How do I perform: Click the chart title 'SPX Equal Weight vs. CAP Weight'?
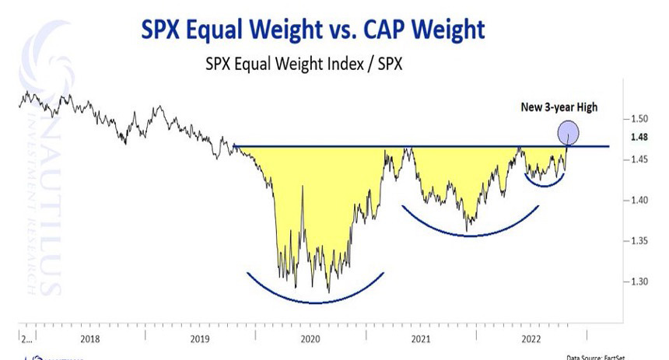click(312, 30)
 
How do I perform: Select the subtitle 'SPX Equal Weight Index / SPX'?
click(303, 63)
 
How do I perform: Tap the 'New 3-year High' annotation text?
click(559, 107)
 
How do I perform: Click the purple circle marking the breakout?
click(569, 133)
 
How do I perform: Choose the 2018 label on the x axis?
click(90, 338)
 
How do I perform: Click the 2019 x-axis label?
click(200, 338)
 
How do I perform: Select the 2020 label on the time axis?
click(310, 338)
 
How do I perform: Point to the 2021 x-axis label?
click(420, 338)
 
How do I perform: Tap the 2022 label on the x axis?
click(531, 338)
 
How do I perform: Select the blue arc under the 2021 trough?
click(470, 234)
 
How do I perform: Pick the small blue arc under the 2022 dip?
click(544, 185)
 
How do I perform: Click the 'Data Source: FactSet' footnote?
click(615, 356)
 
